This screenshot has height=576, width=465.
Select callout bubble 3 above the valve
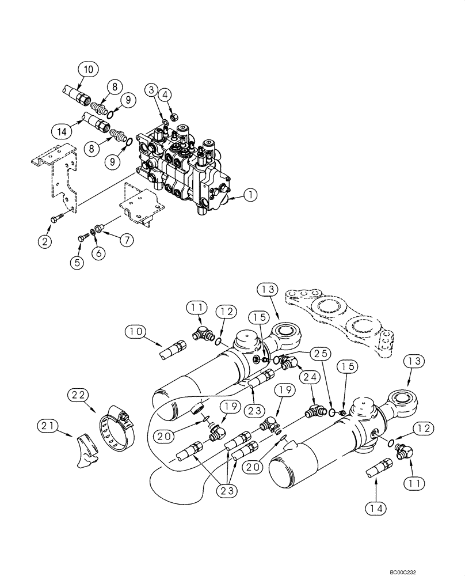pyautogui.click(x=151, y=90)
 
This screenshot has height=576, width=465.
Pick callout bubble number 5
pyautogui.click(x=77, y=262)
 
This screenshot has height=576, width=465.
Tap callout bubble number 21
pyautogui.click(x=48, y=426)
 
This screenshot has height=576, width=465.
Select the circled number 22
pyautogui.click(x=79, y=395)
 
